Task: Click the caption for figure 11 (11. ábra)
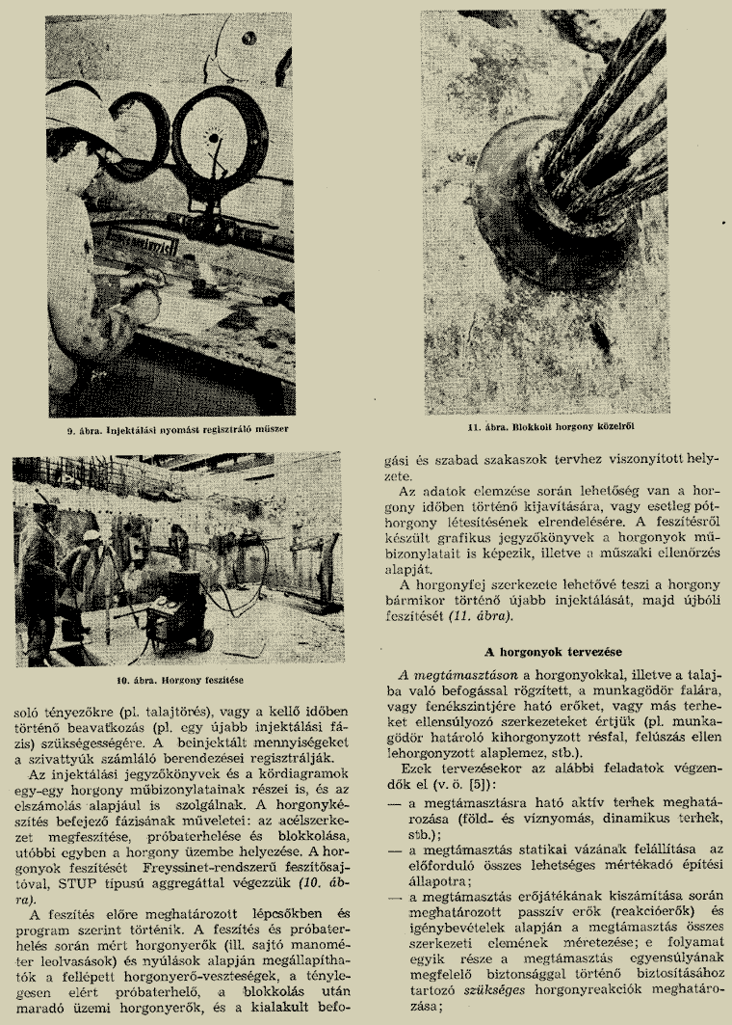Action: coord(544,425)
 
